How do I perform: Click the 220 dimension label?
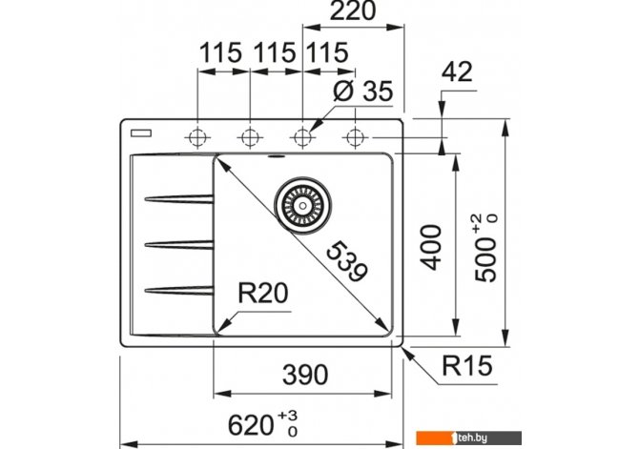[353, 11]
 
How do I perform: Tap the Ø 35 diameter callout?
[363, 91]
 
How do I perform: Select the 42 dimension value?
[457, 71]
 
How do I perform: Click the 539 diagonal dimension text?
[347, 261]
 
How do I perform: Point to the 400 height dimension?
[431, 247]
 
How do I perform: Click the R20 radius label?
[263, 293]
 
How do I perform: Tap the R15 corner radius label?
[467, 365]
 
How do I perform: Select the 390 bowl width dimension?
[305, 375]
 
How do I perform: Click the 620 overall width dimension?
[262, 424]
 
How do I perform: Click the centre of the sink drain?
[302, 206]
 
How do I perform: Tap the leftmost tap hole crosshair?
[197, 137]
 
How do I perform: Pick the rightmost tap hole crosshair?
[356, 137]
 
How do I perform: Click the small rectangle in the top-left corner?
[141, 133]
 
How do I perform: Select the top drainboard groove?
[179, 199]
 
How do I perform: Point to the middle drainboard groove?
[179, 244]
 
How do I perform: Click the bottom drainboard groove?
[179, 290]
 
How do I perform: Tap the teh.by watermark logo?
[468, 438]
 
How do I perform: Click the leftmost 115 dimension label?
[220, 52]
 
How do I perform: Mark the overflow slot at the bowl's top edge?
[277, 156]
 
